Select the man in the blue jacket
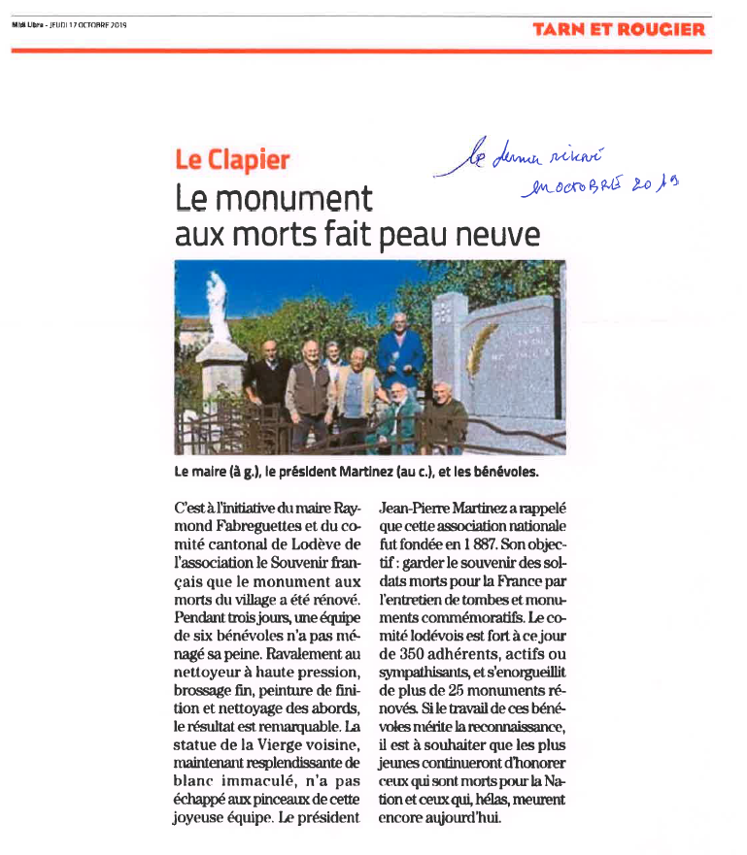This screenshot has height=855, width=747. [x=400, y=353]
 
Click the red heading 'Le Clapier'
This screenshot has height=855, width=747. [x=233, y=161]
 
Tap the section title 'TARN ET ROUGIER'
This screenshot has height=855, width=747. [x=619, y=29]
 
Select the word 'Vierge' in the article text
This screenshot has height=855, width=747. [x=280, y=745]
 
